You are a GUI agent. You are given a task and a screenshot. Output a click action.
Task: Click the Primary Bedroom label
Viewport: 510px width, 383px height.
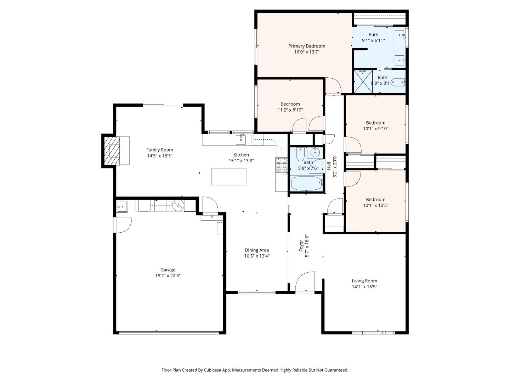click(306, 46)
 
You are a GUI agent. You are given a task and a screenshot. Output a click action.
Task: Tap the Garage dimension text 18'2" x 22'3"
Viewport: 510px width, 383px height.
click(168, 276)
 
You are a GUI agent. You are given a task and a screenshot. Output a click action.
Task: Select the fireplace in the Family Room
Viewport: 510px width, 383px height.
click(114, 151)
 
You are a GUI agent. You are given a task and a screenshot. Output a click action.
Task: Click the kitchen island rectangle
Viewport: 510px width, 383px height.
click(228, 177)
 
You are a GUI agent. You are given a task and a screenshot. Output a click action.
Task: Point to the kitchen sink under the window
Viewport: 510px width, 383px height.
click(241, 139)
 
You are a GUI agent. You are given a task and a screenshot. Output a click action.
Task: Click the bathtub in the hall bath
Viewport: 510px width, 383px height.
click(306, 183)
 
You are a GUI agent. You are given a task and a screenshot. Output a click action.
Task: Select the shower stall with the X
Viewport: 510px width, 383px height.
click(363, 82)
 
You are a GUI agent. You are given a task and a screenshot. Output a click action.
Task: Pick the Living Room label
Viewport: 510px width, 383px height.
click(364, 281)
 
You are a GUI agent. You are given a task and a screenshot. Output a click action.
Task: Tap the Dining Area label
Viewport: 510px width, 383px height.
click(256, 250)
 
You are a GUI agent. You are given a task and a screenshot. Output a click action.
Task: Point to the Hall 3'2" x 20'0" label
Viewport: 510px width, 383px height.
click(329, 166)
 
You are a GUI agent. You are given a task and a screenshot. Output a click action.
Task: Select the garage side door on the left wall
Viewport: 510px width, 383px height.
click(122, 225)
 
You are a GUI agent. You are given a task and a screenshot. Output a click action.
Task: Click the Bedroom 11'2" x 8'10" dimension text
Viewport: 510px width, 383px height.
click(290, 110)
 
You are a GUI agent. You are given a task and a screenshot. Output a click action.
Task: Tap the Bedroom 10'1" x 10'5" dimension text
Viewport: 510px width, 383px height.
click(375, 205)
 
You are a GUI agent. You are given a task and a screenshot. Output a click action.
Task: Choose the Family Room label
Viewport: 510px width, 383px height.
click(160, 150)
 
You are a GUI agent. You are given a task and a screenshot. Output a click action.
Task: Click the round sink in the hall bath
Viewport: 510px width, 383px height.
click(314, 153)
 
